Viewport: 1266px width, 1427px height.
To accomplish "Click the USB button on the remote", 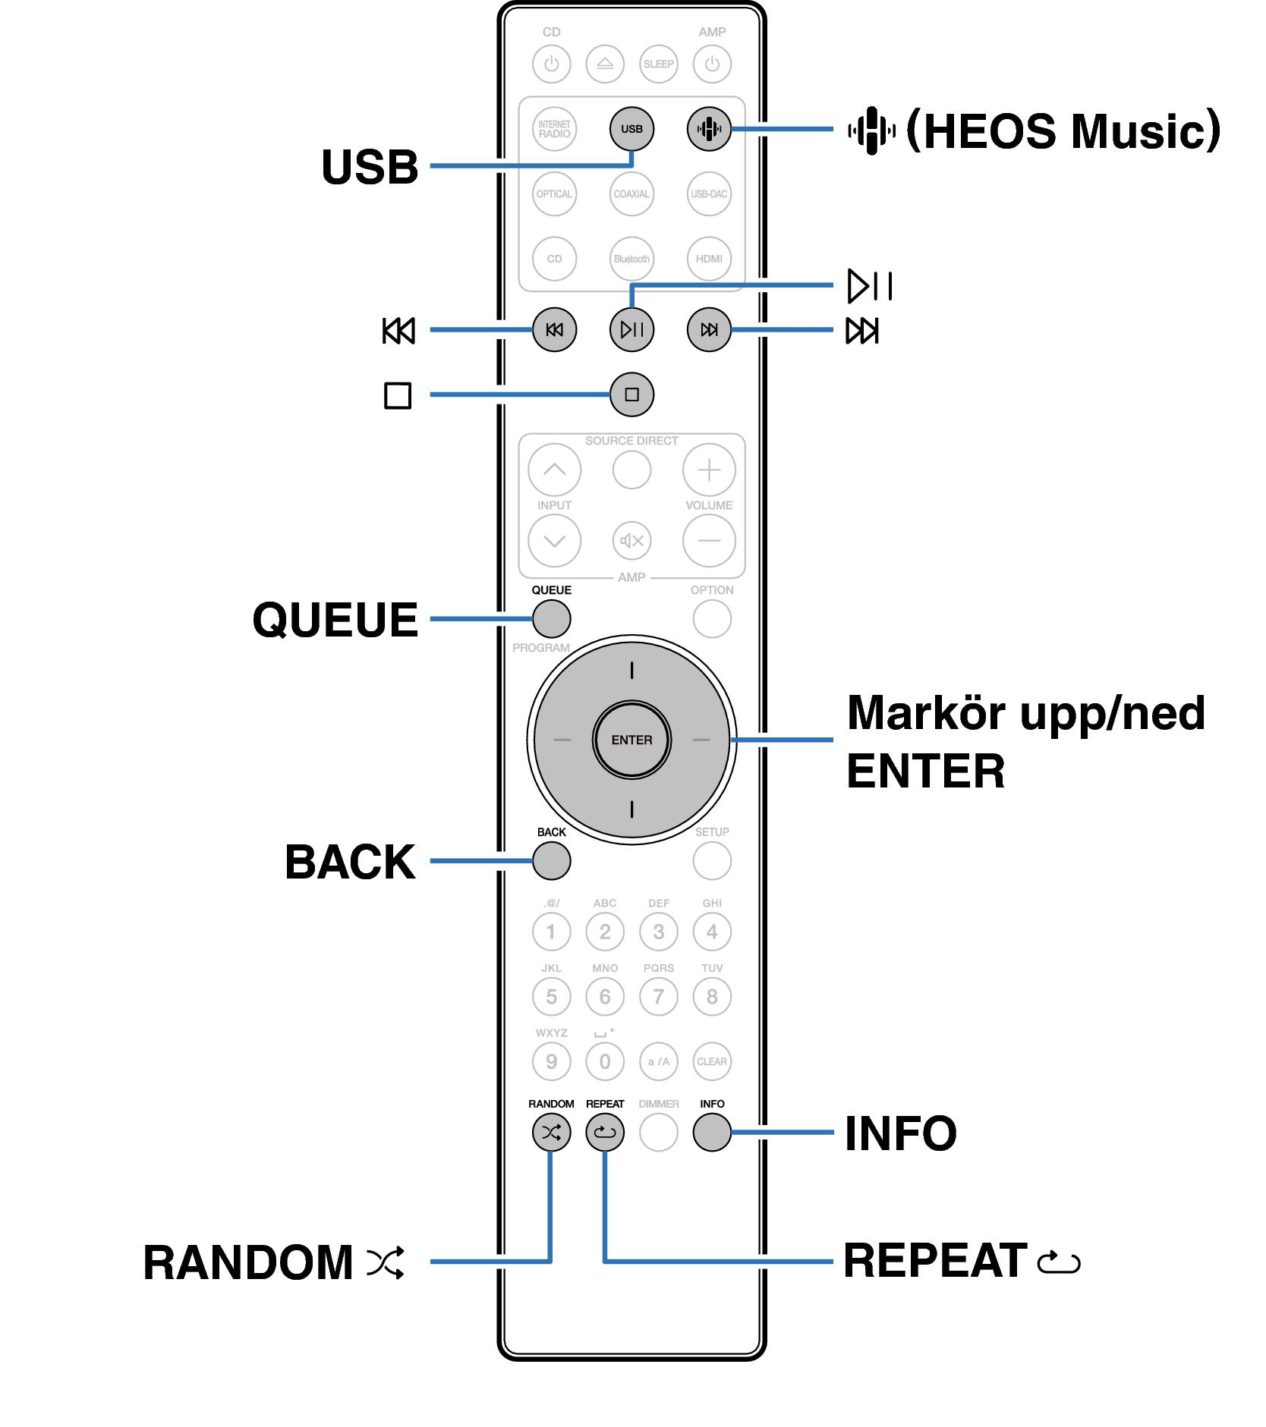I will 631,129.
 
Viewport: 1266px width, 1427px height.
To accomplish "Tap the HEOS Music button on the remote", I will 709,129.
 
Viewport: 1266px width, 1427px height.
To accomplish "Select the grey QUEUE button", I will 552,619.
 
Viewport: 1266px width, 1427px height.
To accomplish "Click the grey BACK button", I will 552,861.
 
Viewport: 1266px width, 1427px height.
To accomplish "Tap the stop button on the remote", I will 631,394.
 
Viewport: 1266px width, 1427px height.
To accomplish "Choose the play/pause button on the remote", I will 631,329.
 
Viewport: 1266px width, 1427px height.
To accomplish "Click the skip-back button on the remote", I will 555,329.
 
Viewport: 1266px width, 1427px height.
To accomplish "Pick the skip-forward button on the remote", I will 709,329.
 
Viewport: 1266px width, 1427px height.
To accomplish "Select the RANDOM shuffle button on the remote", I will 552,1133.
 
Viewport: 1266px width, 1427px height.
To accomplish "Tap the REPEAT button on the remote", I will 605,1133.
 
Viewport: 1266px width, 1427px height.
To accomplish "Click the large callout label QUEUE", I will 335,620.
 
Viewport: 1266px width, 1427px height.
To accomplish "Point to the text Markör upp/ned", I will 1025,714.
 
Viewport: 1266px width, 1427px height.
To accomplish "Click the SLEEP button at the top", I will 658,64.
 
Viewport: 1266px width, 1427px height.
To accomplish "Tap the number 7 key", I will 658,997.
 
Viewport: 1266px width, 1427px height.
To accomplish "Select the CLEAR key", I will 712,1061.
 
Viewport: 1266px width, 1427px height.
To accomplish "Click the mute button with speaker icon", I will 631,541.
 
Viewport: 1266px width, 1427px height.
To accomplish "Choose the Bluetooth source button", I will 631,259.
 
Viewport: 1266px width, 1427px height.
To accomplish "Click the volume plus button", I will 709,470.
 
